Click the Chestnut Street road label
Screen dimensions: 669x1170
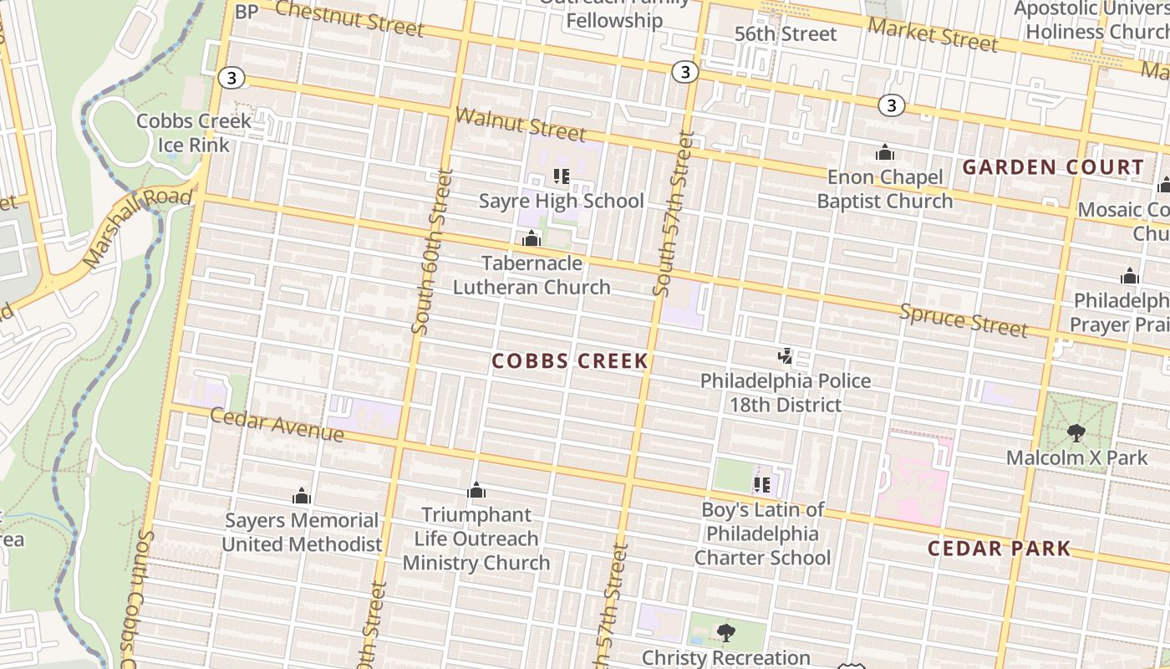349,18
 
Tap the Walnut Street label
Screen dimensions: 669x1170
521,124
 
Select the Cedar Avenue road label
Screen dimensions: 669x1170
277,425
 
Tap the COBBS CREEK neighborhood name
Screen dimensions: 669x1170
570,361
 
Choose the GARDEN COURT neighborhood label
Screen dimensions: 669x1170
1052,167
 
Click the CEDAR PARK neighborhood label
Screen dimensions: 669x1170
1000,549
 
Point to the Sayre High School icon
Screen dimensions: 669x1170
561,176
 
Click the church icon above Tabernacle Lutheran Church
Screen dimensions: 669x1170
532,239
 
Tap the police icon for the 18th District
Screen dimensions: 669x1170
785,357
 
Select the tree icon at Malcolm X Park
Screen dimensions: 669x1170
1076,432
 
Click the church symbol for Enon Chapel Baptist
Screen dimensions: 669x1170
884,153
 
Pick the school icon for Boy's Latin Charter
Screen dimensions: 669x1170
761,484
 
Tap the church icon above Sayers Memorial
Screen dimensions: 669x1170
302,496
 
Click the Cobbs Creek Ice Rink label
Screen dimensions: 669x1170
194,132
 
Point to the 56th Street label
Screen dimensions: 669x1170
786,34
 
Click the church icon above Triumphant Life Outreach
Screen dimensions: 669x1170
476,490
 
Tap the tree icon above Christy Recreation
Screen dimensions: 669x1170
725,632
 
